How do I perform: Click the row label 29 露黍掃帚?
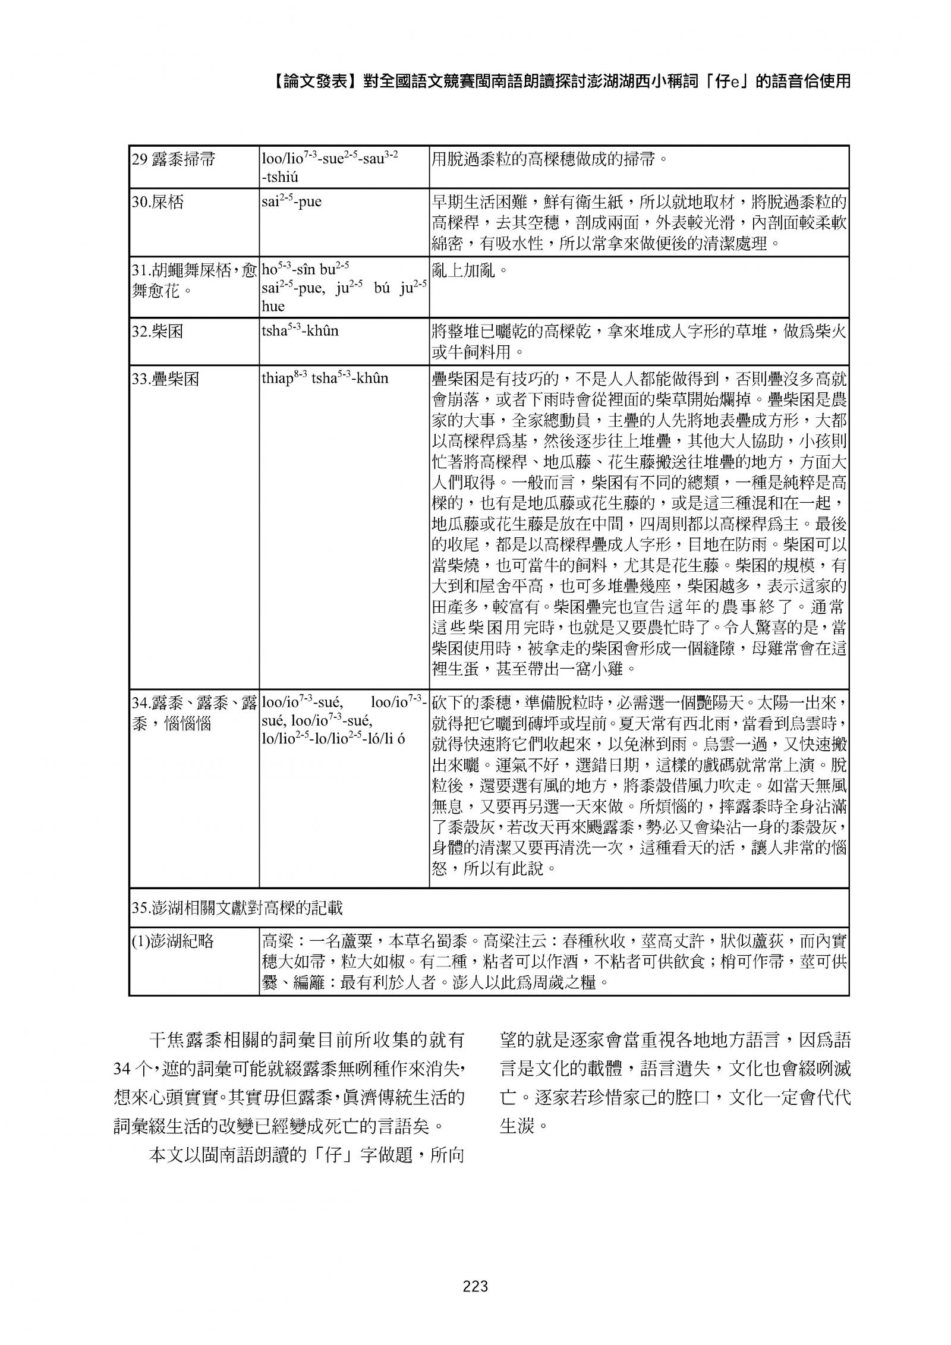173,160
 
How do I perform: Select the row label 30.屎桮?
158,202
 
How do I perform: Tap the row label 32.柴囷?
157,331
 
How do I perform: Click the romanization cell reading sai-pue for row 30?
291,201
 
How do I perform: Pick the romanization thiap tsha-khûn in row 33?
325,378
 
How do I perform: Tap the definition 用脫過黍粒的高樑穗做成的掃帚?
549,160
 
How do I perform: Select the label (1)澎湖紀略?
172,941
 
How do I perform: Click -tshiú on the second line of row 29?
280,177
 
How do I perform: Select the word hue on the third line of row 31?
273,306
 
